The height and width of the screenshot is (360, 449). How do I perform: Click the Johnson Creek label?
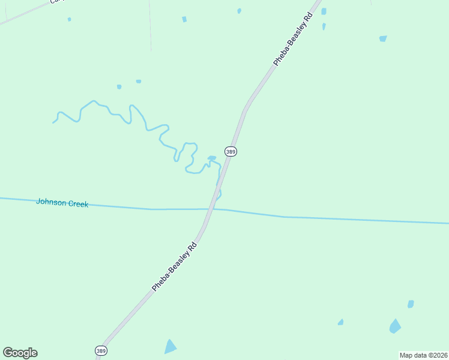click(x=62, y=203)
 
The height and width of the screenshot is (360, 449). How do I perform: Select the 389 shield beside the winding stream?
click(x=231, y=152)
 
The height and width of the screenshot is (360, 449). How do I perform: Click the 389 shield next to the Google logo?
click(x=101, y=350)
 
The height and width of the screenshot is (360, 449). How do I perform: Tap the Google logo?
click(x=20, y=353)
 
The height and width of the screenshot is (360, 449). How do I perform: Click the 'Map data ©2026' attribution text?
click(x=424, y=355)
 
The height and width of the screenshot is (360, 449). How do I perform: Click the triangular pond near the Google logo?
click(x=170, y=347)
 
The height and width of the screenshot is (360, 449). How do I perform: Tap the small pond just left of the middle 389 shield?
click(x=211, y=158)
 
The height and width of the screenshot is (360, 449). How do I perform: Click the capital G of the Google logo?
click(x=8, y=352)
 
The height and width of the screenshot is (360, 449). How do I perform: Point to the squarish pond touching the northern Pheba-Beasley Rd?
click(x=324, y=11)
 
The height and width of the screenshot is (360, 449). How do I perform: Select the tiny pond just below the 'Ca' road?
click(x=69, y=19)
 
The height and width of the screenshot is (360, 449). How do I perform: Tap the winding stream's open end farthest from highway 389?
click(x=53, y=122)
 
